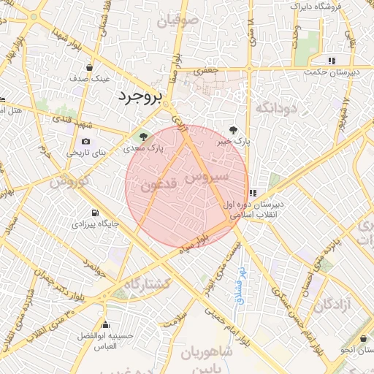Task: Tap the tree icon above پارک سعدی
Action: pos(142,136)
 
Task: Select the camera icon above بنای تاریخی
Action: pos(86,141)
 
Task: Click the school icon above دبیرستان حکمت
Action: pos(332,61)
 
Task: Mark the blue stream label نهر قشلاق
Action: pos(239,282)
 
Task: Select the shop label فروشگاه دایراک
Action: pos(321,6)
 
